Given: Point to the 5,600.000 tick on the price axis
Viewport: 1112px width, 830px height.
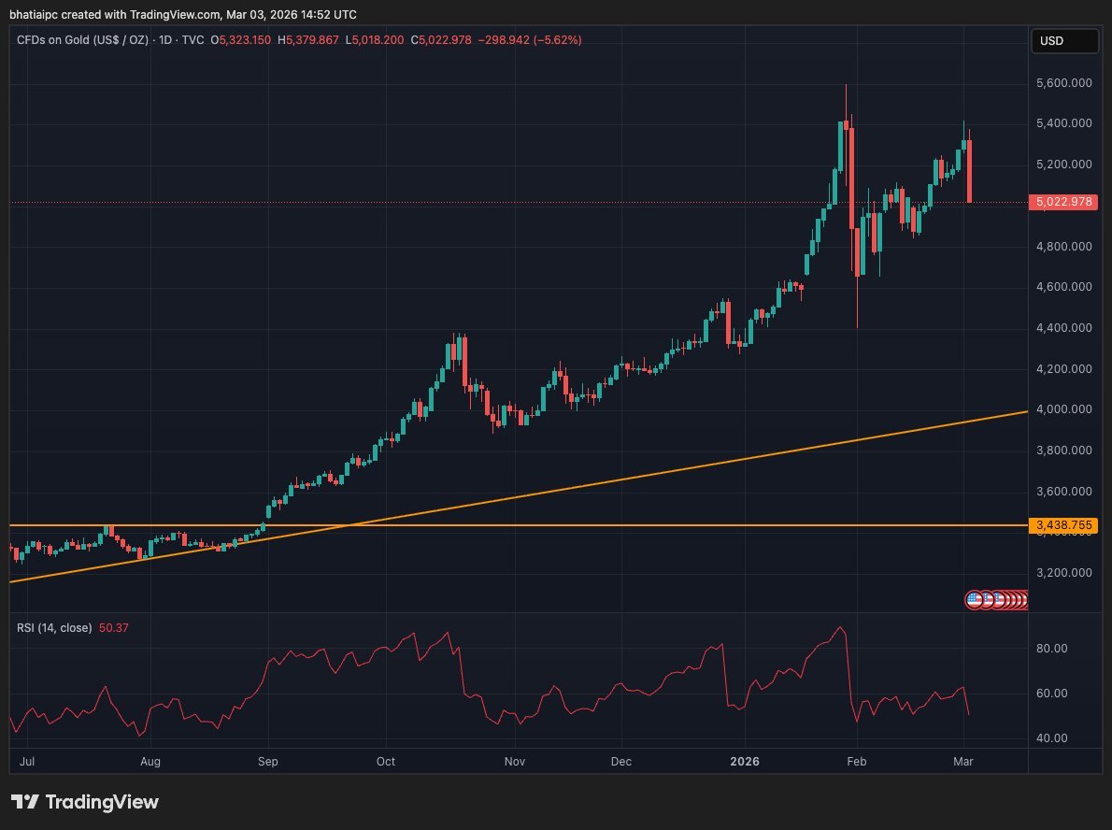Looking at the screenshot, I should (x=1063, y=82).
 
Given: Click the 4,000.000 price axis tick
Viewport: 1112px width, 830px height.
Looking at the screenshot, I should (x=1063, y=409).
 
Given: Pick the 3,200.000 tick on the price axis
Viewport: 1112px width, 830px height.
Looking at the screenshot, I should (x=1063, y=573).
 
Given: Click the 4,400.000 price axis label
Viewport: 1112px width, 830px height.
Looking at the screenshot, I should (x=1063, y=328).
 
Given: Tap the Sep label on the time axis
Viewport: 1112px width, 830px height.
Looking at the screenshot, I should (x=268, y=762).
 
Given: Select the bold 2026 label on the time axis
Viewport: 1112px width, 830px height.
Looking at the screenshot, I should (x=745, y=762).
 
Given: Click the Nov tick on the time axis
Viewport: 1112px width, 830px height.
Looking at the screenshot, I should (x=513, y=762).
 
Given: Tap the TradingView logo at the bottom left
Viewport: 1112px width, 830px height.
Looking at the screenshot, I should (x=85, y=802).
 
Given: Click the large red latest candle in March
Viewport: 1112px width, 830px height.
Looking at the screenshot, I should (x=970, y=171).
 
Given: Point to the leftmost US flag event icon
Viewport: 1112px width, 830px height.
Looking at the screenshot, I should (x=974, y=600).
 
